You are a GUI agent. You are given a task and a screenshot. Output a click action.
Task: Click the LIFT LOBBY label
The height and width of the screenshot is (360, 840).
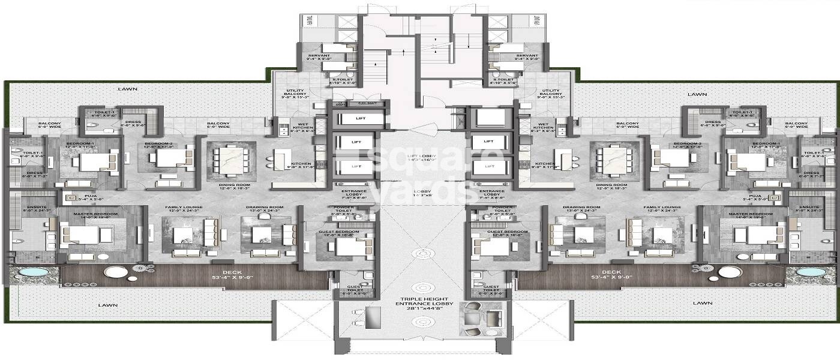pyautogui.click(x=419, y=157)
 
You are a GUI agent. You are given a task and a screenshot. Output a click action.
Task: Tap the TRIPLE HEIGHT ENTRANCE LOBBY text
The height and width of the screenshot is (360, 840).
pyautogui.click(x=419, y=303)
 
